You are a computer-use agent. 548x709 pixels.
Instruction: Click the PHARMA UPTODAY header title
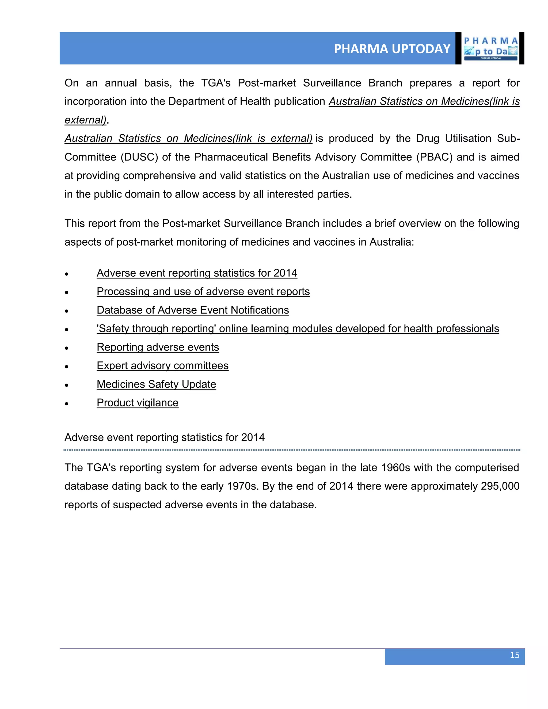pos(392,49)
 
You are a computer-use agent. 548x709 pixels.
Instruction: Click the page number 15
pos(514,655)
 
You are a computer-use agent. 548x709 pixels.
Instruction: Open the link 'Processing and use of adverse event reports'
pos(203,292)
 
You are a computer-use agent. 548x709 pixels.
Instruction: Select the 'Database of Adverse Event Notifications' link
pos(193,310)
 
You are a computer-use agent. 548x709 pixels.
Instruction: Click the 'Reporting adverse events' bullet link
pos(158,347)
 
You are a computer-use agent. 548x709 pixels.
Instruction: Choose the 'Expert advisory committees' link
pos(163,365)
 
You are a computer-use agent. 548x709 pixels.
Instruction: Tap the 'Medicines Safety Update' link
pos(157,384)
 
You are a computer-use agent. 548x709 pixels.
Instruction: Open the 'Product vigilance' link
pos(138,403)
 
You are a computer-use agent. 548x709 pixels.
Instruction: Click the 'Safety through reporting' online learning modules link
pos(298,329)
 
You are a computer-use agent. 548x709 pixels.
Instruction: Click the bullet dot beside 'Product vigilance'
pos(67,404)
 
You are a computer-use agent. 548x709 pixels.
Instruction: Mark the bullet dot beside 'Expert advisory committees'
pos(67,367)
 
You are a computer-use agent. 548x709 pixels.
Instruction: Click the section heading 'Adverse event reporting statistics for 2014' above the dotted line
pos(165,437)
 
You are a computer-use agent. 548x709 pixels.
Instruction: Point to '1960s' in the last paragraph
pos(396,467)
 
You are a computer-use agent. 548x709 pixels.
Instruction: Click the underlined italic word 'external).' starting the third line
pos(86,120)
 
